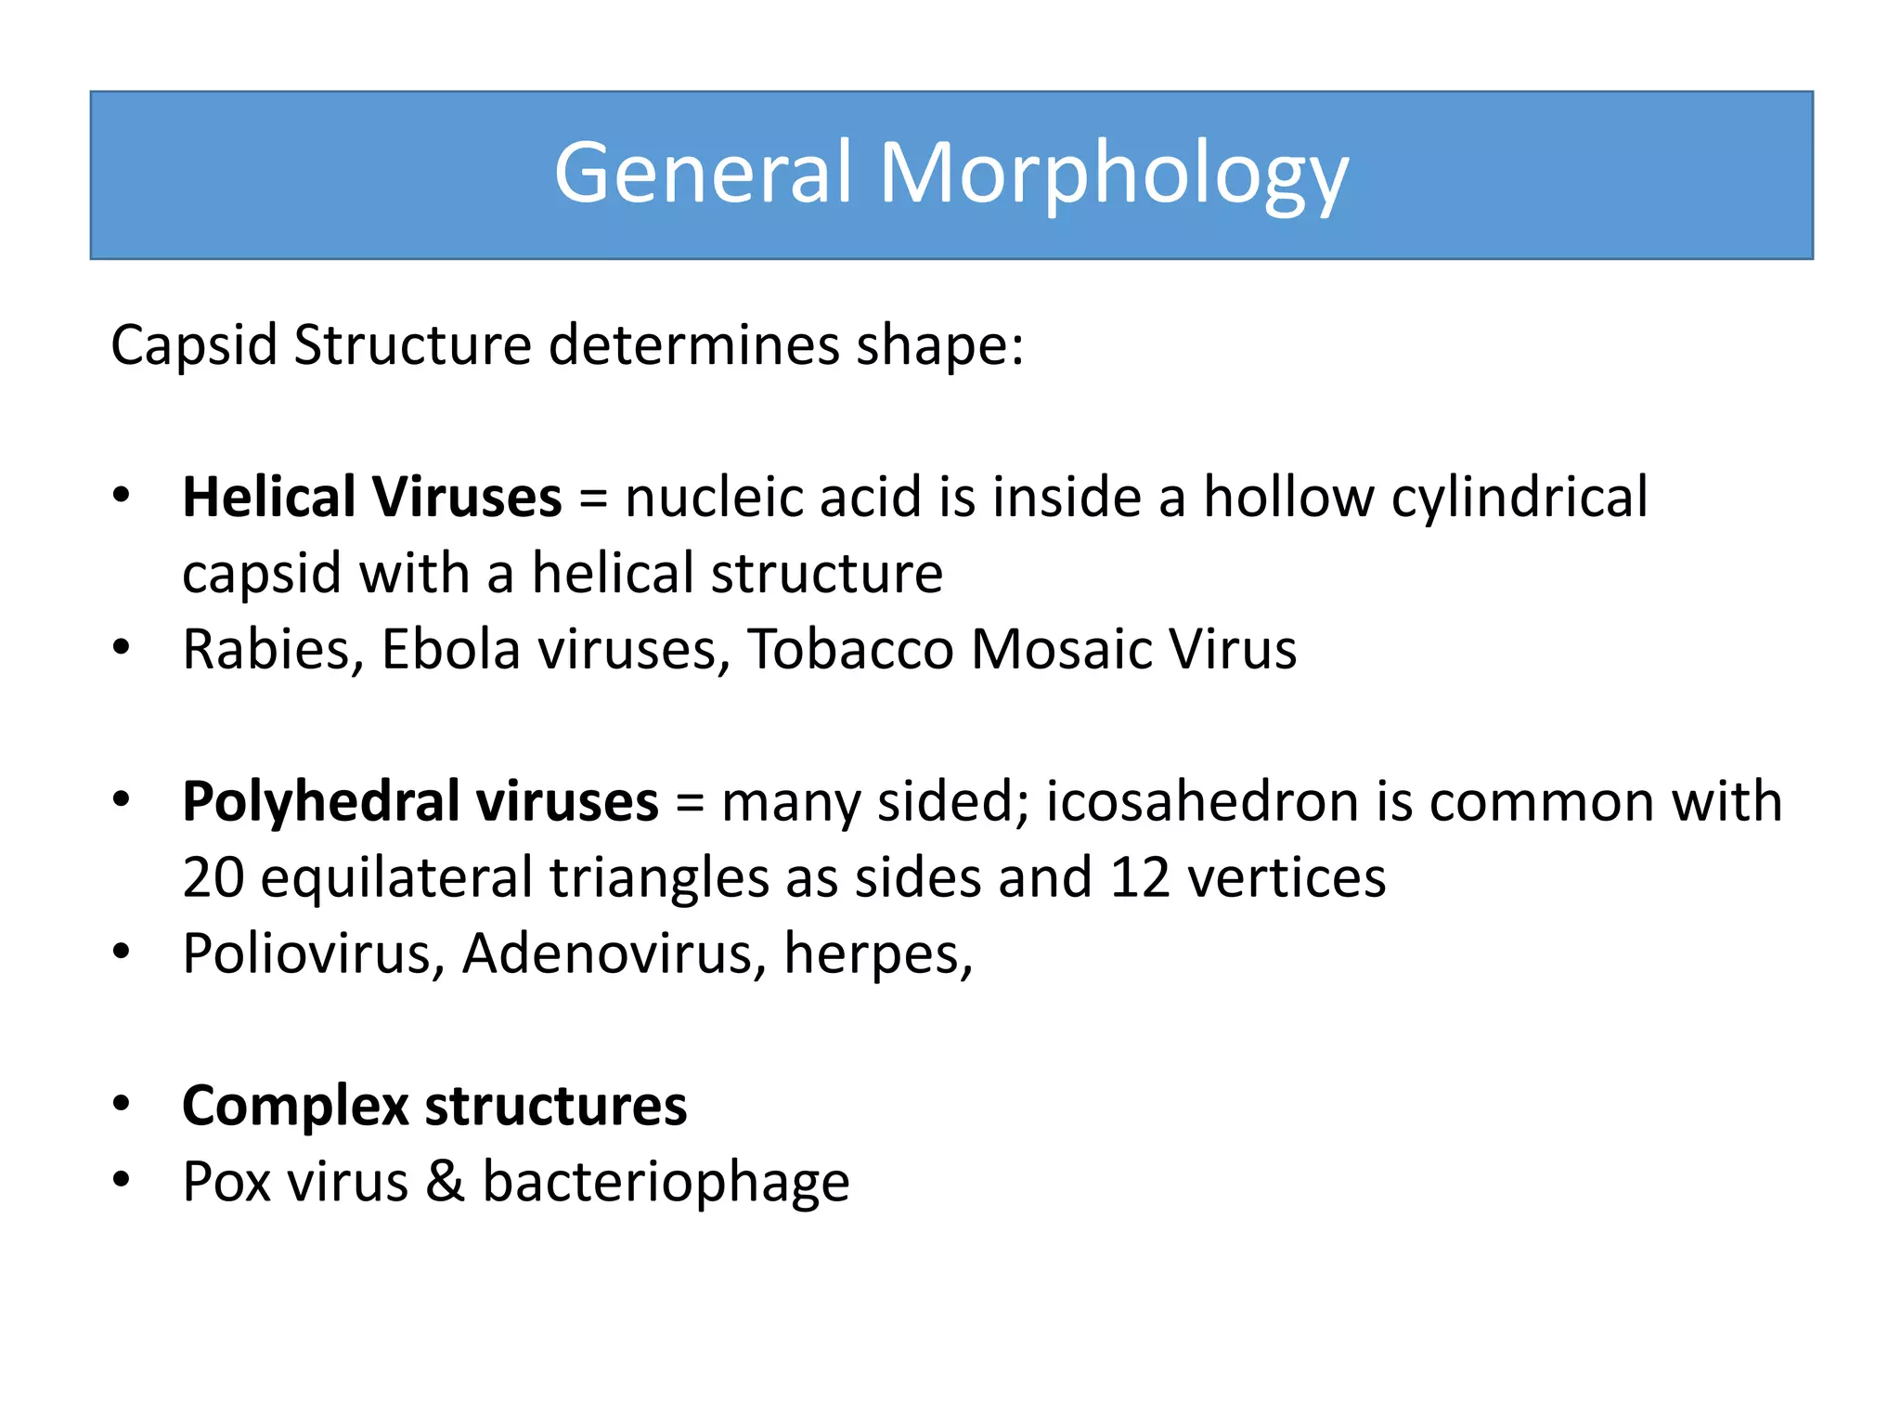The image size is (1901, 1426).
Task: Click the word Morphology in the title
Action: [1113, 174]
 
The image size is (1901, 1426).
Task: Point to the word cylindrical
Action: [1519, 499]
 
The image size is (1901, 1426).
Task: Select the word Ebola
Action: [450, 649]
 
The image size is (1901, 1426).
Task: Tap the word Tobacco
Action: [850, 649]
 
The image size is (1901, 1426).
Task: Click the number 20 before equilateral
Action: [213, 877]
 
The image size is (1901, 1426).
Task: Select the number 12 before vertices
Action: [1140, 877]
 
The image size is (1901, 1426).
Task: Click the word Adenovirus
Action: [607, 954]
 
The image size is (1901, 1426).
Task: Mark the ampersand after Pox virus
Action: [446, 1182]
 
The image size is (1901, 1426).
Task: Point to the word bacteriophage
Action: [666, 1184]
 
